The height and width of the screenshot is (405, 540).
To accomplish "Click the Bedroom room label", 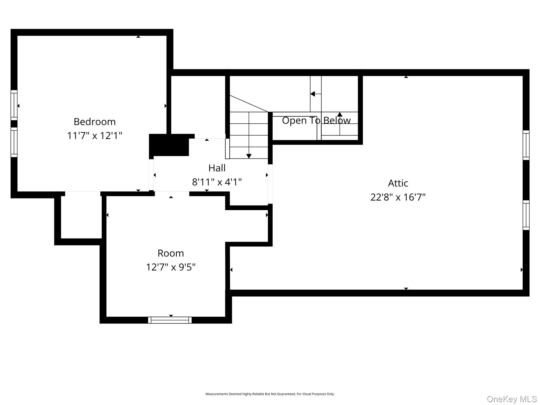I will point(95,122).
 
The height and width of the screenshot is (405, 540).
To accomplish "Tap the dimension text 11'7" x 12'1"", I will point(95,136).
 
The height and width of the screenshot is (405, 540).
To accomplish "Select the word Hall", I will point(217,168).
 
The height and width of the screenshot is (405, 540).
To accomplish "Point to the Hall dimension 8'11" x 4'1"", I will point(217,182).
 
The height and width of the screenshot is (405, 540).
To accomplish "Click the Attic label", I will point(398,183).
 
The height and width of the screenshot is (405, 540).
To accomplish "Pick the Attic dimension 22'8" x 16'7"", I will point(398,197).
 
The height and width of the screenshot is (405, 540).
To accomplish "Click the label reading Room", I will point(171,253).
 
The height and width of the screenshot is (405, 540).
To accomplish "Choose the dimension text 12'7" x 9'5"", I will point(171,267).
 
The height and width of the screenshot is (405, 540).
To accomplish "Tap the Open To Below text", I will point(316,120).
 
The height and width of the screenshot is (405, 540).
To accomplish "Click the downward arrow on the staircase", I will point(249,156).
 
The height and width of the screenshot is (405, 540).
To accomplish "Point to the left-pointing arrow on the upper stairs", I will point(313,94).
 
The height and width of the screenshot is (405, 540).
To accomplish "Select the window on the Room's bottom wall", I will point(170,320).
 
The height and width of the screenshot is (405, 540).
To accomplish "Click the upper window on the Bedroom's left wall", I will point(14,105).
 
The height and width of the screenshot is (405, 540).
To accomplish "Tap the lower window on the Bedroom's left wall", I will point(14,142).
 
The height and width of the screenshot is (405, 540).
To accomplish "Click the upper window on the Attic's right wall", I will point(526,145).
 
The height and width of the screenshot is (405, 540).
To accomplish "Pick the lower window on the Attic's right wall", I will point(526,215).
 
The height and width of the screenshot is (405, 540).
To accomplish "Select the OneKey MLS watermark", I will point(512,399).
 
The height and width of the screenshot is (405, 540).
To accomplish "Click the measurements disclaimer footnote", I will point(270,394).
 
